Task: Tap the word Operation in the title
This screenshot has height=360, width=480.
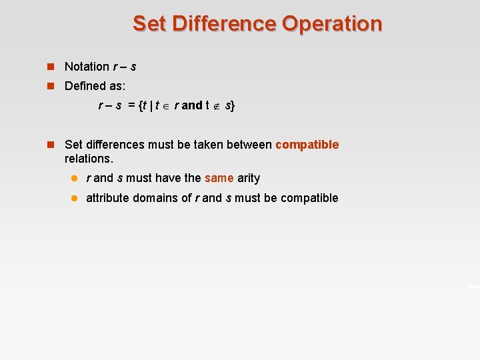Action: (332, 23)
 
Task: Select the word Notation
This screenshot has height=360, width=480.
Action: (87, 67)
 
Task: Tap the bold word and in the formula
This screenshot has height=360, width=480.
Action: (191, 105)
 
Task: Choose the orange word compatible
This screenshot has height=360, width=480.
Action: (307, 145)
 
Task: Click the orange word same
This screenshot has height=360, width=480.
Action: (219, 178)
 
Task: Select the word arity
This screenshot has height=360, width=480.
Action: (249, 178)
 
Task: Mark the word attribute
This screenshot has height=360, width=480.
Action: (109, 198)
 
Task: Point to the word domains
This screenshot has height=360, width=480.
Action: (158, 198)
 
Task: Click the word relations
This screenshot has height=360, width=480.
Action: (89, 159)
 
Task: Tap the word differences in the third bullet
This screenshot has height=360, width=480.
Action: (117, 145)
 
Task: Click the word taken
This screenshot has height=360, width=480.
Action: (208, 145)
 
